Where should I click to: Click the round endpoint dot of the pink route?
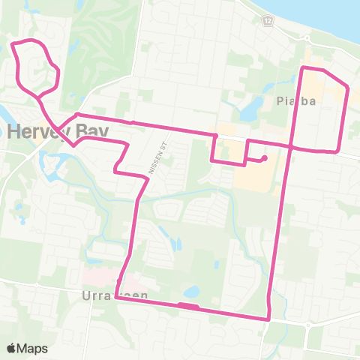pos(265,157)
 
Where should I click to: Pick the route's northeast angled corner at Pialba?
pos(346,88)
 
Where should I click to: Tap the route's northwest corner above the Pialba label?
pos(303,68)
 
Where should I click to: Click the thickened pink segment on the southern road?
pos(187,306)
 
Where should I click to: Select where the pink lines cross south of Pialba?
pos(289,146)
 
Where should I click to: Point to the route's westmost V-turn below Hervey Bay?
pos(73,144)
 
